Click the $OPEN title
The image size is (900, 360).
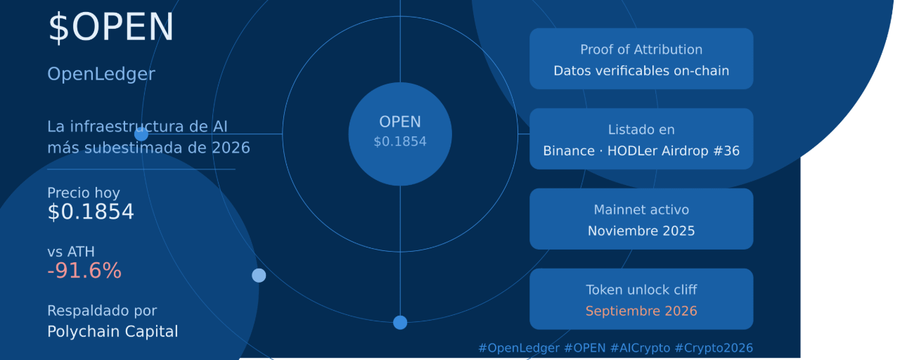(x=111, y=27)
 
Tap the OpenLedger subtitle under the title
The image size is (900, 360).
(x=101, y=75)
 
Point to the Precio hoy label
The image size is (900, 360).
(x=84, y=193)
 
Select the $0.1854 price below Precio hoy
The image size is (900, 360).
(x=91, y=212)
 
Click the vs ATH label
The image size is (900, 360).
(x=71, y=252)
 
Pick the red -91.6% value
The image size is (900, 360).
(x=84, y=271)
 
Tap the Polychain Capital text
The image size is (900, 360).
(x=112, y=331)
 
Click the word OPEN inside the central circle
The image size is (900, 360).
(x=400, y=122)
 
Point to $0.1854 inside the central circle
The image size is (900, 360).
(x=400, y=141)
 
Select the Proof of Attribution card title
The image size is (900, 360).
(x=641, y=49)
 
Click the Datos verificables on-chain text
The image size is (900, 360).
(x=641, y=71)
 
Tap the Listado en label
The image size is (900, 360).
(x=641, y=129)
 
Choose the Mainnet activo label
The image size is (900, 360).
(x=641, y=210)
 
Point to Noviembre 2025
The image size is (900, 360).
(x=641, y=231)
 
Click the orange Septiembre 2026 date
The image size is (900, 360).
(x=641, y=311)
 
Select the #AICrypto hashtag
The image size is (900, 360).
(x=640, y=348)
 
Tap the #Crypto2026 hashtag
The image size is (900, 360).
(x=714, y=348)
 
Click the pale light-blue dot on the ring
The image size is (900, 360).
(x=259, y=276)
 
